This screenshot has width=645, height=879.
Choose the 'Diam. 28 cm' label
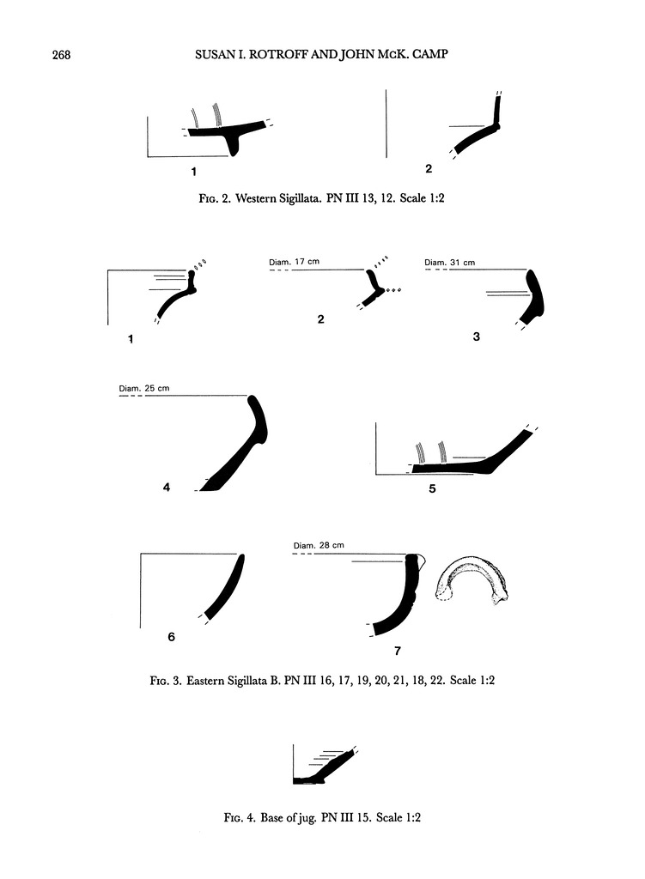[x=319, y=546]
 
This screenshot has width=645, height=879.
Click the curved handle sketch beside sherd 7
[x=473, y=580]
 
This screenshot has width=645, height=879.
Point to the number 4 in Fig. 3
[x=166, y=488]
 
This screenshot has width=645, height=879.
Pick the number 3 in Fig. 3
[x=477, y=337]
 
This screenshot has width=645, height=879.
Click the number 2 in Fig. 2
[x=428, y=168]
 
